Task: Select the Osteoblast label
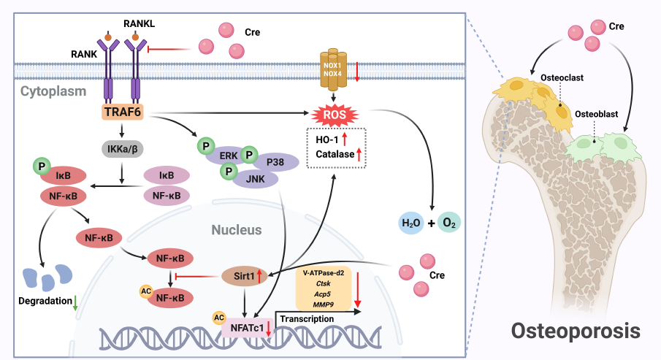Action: [x=595, y=115]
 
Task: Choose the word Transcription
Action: [x=307, y=319]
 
